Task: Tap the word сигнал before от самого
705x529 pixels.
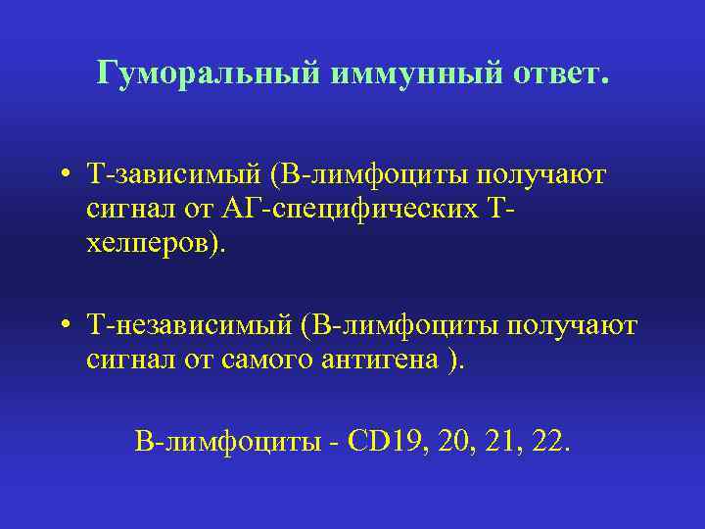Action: point(124,359)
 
